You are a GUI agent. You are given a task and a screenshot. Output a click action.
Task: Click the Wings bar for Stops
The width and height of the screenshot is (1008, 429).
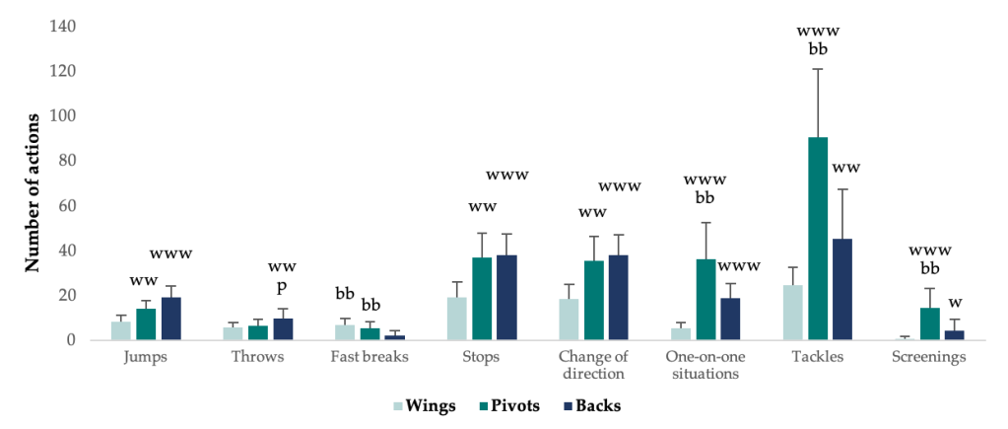pyautogui.click(x=457, y=319)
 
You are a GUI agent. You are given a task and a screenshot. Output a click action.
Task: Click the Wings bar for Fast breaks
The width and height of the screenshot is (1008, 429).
pyautogui.click(x=344, y=332)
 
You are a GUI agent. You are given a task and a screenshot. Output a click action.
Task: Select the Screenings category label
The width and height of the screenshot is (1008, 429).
pyautogui.click(x=930, y=357)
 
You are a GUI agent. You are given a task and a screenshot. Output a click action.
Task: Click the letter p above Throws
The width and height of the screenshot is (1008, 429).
pyautogui.click(x=282, y=287)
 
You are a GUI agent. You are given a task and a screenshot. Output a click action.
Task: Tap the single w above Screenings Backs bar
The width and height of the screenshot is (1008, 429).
pyautogui.click(x=955, y=302)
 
